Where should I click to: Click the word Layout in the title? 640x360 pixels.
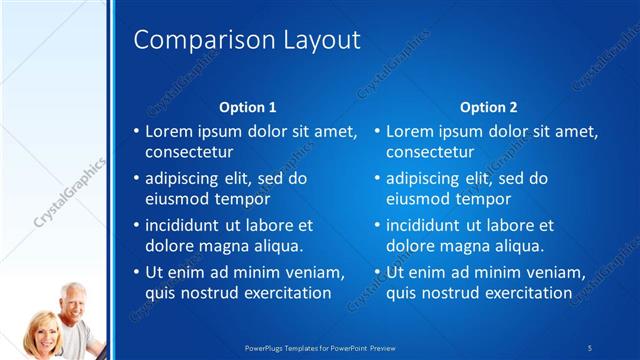click(317, 41)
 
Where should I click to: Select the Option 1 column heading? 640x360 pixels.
click(247, 107)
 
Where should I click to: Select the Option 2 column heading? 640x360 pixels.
click(488, 107)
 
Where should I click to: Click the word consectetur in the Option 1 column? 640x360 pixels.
click(189, 153)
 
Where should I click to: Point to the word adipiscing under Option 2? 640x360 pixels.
click(425, 178)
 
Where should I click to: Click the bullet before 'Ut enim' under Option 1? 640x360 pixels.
click(136, 272)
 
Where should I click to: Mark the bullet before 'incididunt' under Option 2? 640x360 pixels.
click(377, 225)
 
